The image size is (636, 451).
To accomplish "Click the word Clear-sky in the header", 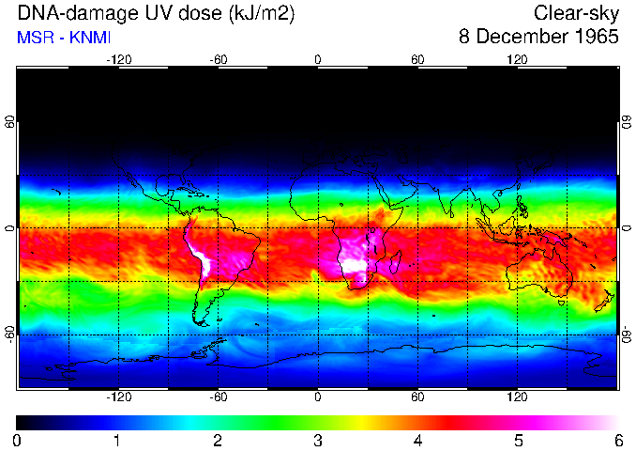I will (x=576, y=13).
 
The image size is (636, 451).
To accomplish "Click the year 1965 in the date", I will (x=594, y=38).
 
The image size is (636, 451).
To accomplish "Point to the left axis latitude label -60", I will (x=10, y=334).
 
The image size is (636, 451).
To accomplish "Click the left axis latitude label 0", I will (x=10, y=228).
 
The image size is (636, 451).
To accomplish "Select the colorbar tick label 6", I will (x=617, y=440).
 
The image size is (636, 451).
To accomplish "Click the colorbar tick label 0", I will (x=18, y=440).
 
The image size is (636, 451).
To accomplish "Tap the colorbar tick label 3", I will (x=318, y=440).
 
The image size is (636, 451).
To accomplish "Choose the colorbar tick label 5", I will (x=518, y=440).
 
